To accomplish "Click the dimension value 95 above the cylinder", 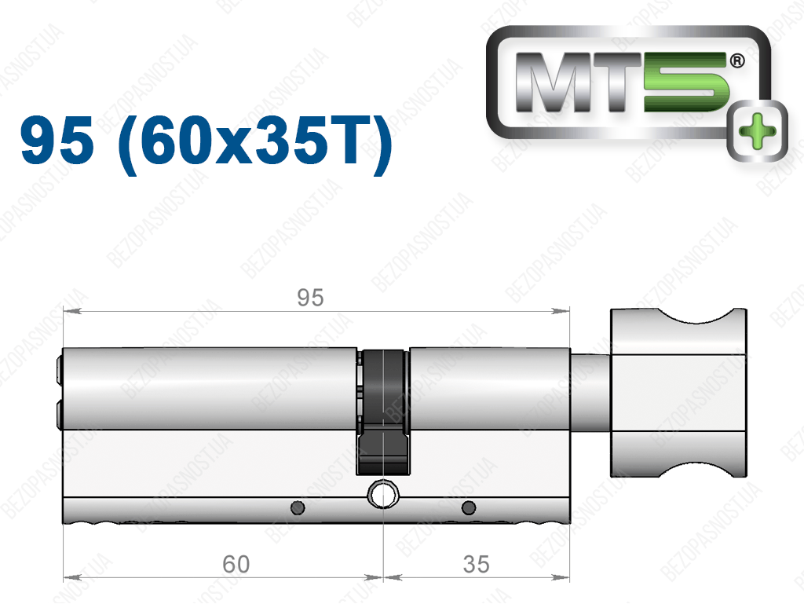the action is pos(310,298).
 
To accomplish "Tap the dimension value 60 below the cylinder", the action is pos(236,565).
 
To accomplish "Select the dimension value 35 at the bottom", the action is pos(477,565).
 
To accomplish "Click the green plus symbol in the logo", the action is pos(758,130).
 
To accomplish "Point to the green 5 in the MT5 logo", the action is pos(686,82).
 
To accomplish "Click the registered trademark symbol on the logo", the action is pos(736,61).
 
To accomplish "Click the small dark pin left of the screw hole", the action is pos(298,507).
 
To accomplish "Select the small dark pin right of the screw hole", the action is pos(469,507).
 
